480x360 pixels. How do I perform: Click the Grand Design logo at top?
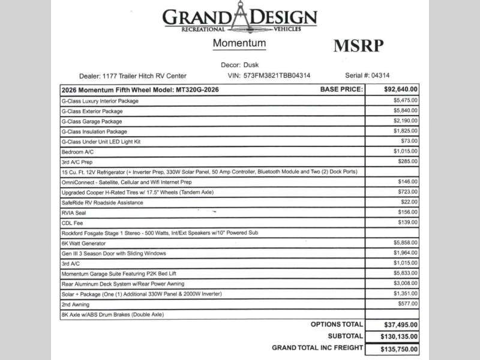pos(240,19)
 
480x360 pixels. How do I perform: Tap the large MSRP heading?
pos(358,46)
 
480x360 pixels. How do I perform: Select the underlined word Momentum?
pos(239,44)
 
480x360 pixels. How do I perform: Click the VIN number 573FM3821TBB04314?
pos(277,76)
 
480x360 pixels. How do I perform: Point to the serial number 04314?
pos(380,76)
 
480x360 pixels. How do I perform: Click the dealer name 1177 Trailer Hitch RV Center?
pos(147,76)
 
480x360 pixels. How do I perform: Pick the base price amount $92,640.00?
pos(401,89)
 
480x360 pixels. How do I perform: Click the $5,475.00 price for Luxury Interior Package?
pos(406,101)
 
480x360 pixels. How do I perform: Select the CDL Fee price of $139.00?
pos(407,223)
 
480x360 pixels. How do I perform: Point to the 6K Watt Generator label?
pos(83,243)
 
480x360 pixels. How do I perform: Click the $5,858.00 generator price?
pos(406,242)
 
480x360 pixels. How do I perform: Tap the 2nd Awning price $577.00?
pos(407,304)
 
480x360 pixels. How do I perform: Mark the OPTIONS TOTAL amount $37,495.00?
pos(400,324)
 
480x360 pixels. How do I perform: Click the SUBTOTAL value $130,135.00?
pos(400,337)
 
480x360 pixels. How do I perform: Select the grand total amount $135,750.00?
pos(400,349)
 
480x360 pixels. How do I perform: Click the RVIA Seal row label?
pos(74,212)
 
